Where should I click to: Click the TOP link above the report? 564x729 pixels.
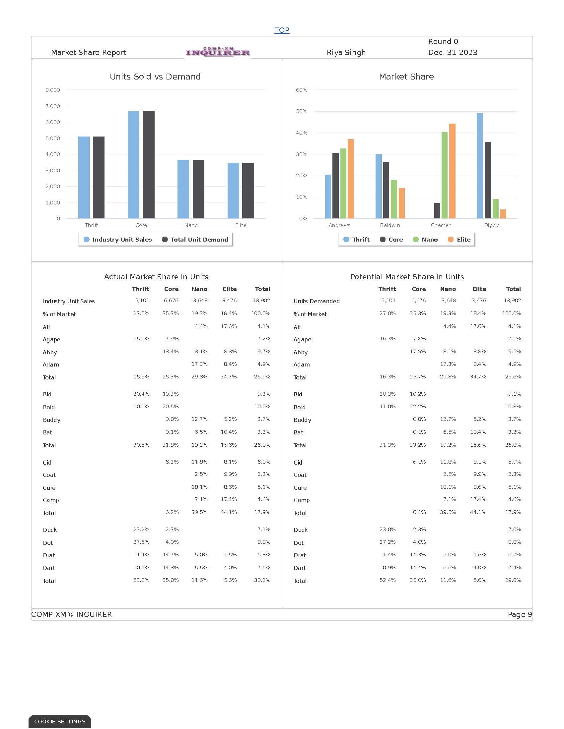tap(282, 30)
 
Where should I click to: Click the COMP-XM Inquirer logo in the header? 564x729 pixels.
tap(218, 52)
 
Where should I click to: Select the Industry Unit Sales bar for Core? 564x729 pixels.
tap(133, 165)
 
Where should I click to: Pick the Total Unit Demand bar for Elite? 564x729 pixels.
tap(248, 190)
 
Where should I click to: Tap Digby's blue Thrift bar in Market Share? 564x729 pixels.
tap(479, 166)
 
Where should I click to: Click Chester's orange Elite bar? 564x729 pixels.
tap(452, 171)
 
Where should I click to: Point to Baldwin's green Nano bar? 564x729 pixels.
tap(394, 199)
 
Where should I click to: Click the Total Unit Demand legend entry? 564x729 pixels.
tap(195, 240)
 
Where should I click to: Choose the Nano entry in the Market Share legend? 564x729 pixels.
tap(425, 240)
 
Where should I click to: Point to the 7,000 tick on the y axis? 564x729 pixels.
tap(53, 106)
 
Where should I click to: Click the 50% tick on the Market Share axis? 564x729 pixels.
tap(301, 111)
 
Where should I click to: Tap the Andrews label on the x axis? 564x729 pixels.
tap(339, 225)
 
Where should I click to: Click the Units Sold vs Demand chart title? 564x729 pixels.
tap(155, 77)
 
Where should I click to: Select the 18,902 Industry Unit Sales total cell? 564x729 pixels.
tap(261, 301)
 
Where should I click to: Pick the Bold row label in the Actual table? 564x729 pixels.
tap(49, 407)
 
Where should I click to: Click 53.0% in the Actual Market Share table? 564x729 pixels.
tap(141, 580)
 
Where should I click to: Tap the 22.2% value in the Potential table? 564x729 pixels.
tap(418, 407)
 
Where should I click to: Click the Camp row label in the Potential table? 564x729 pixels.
tap(301, 500)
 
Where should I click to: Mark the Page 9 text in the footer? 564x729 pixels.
tap(520, 614)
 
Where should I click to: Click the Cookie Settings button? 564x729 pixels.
tap(60, 722)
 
